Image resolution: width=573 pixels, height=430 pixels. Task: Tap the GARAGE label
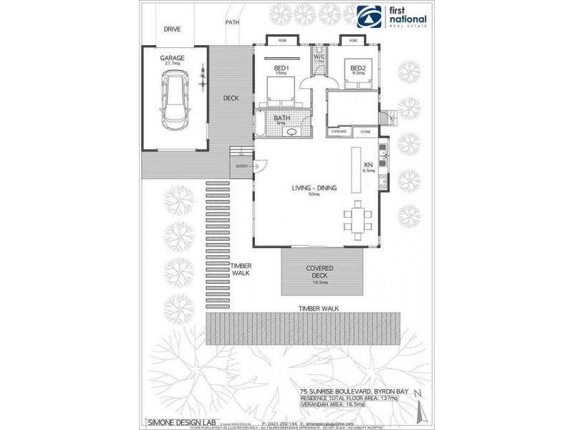pyautogui.click(x=172, y=57)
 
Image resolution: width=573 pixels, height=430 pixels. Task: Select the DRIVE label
pyautogui.click(x=172, y=29)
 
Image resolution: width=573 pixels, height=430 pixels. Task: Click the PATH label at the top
pyautogui.click(x=232, y=22)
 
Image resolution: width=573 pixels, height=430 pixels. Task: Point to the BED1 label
pyautogui.click(x=281, y=68)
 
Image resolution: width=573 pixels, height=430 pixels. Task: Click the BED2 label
pyautogui.click(x=358, y=68)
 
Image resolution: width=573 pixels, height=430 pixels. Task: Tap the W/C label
pyautogui.click(x=319, y=57)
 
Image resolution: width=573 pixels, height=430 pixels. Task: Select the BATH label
pyautogui.click(x=281, y=118)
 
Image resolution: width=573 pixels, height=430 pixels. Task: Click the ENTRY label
pyautogui.click(x=241, y=167)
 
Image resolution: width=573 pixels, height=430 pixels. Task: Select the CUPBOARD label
pyautogui.click(x=338, y=132)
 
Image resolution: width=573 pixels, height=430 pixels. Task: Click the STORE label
pyautogui.click(x=365, y=132)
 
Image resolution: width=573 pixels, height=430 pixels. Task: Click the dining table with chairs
pyautogui.click(x=357, y=217)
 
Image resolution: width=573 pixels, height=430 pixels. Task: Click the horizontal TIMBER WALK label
pyautogui.click(x=319, y=308)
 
